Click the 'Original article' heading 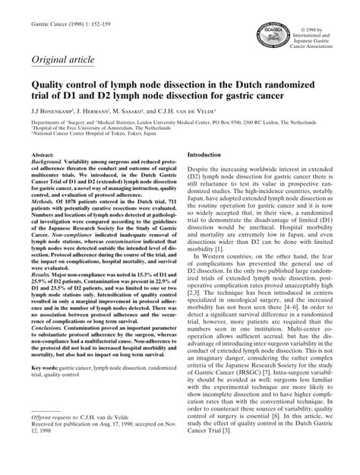(x=58, y=60)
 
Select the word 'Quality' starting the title (x=48, y=87)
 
